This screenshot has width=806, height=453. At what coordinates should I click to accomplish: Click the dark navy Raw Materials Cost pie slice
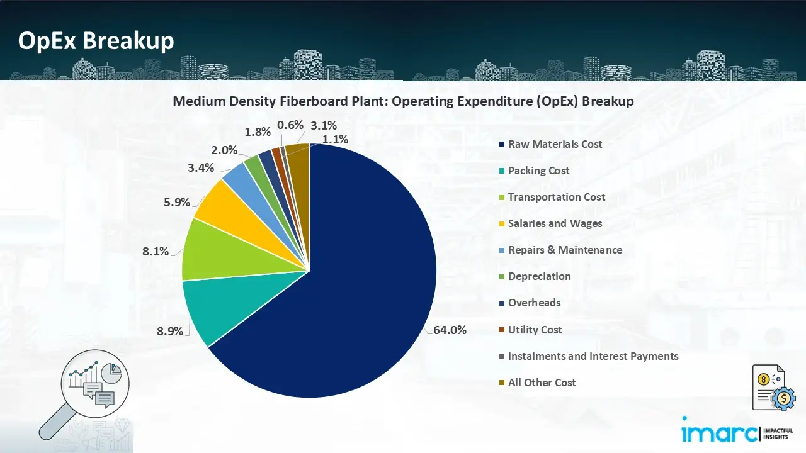pyautogui.click(x=340, y=296)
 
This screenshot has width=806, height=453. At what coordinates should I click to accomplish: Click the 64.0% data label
pyautogui.click(x=450, y=330)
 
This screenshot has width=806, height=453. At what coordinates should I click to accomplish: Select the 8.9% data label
pyautogui.click(x=170, y=332)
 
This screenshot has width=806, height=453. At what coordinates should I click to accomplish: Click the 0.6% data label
pyautogui.click(x=290, y=125)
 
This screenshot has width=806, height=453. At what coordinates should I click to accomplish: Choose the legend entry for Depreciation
pyautogui.click(x=539, y=276)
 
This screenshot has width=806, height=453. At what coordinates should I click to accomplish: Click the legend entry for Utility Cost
pyautogui.click(x=535, y=330)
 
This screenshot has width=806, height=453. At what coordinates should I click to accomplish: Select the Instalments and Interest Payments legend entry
pyautogui.click(x=593, y=356)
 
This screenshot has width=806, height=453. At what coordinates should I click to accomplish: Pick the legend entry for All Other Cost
pyautogui.click(x=542, y=383)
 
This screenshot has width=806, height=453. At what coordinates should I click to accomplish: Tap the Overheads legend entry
pyautogui.click(x=534, y=303)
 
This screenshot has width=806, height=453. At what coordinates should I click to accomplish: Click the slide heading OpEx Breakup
pyautogui.click(x=96, y=41)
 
